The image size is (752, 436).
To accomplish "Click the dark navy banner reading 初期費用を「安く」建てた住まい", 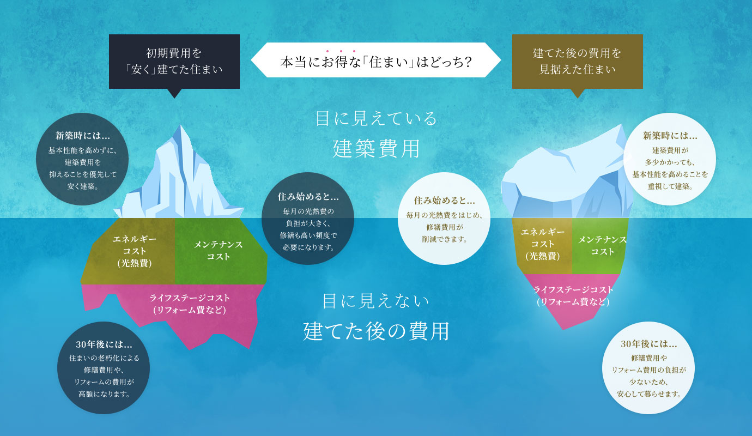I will [x=174, y=61].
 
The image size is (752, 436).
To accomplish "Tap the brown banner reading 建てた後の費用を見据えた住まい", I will [x=577, y=61].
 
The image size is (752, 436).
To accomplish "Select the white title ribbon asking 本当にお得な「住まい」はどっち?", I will [x=375, y=60].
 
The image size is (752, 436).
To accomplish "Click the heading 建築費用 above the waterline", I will [x=376, y=148].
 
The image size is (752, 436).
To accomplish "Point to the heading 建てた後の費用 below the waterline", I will [x=376, y=331].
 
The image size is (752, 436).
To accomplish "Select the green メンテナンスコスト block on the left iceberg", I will [x=218, y=250].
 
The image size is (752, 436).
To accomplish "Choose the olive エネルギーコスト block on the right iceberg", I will [x=543, y=245].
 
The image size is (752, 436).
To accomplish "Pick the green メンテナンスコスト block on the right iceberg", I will [x=602, y=245].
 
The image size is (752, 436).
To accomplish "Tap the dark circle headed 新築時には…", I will [x=82, y=159].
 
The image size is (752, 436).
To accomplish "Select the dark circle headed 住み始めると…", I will [x=308, y=219].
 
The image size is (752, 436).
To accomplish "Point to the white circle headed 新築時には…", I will [x=670, y=159].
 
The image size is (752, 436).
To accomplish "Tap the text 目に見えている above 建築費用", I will [x=376, y=118].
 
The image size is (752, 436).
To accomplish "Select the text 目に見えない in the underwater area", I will [x=376, y=300].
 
